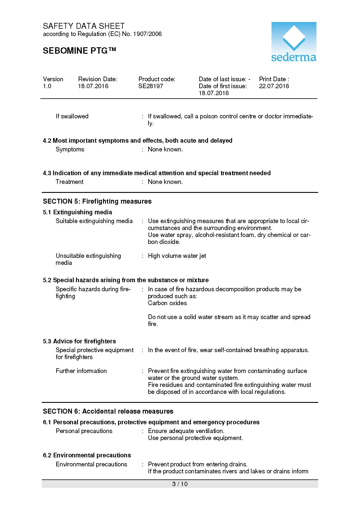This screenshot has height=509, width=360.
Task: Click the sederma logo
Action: click(294, 42)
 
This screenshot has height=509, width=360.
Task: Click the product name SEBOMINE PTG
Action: click(79, 51)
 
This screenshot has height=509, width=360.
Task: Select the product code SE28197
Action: click(151, 86)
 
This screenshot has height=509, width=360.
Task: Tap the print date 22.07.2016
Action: click(274, 86)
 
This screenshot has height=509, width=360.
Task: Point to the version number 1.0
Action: click(47, 86)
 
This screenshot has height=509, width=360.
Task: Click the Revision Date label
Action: click(97, 79)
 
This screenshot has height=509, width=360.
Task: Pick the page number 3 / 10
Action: click(180, 484)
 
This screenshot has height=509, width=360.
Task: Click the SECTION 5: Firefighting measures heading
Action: click(97, 201)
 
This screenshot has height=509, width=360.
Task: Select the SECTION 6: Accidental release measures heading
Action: click(108, 411)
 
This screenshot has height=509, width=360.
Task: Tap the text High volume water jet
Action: click(177, 256)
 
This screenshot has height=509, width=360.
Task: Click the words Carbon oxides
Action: click(167, 303)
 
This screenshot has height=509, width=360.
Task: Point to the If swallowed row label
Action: click(72, 116)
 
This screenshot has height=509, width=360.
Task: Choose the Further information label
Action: click(81, 371)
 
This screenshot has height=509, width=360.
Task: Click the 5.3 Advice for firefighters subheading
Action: click(79, 341)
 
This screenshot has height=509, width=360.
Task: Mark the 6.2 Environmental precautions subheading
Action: click(87, 455)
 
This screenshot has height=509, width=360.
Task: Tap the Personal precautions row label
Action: click(84, 431)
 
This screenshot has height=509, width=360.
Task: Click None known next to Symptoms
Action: click(165, 149)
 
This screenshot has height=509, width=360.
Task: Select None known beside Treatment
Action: click(165, 182)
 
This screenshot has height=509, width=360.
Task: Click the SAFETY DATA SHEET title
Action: click(84, 26)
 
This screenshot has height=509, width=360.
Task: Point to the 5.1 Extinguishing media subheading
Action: click(77, 212)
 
